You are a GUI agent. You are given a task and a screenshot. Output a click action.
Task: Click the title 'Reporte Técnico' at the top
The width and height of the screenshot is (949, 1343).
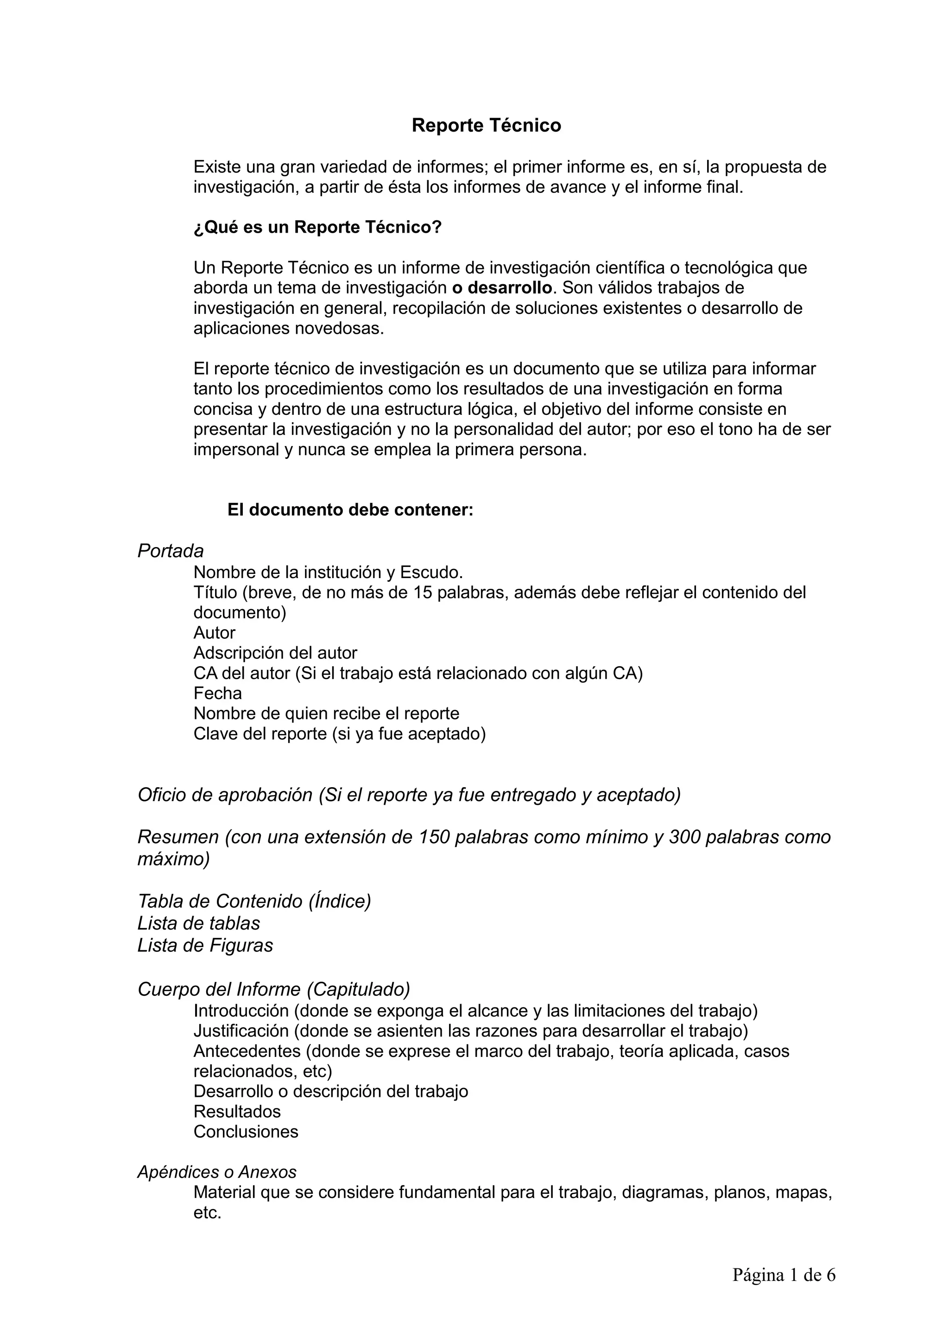pos(486,125)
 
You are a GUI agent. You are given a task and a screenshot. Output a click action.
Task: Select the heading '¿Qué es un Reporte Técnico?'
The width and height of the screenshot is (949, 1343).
pos(317,227)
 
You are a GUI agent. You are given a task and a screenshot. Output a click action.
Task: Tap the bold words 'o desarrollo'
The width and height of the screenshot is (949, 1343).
pos(502,288)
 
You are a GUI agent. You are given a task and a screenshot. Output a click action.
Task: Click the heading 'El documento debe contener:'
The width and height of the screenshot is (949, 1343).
pos(350,510)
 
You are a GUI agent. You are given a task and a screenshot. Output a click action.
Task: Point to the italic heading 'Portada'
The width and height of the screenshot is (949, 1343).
pos(170,551)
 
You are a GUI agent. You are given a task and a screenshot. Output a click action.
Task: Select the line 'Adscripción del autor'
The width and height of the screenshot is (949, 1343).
pos(275,653)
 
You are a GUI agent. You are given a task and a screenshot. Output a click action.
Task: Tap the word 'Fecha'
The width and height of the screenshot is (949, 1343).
pos(217,693)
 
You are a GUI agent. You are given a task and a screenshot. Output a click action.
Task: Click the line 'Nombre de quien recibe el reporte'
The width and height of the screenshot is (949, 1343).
pos(326,713)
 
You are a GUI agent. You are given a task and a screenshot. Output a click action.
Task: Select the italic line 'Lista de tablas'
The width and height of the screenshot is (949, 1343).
pos(199,923)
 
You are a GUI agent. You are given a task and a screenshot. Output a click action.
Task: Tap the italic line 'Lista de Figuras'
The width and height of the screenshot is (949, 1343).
pos(205,945)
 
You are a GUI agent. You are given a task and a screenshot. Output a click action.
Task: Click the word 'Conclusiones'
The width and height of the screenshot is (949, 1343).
pos(246,1132)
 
